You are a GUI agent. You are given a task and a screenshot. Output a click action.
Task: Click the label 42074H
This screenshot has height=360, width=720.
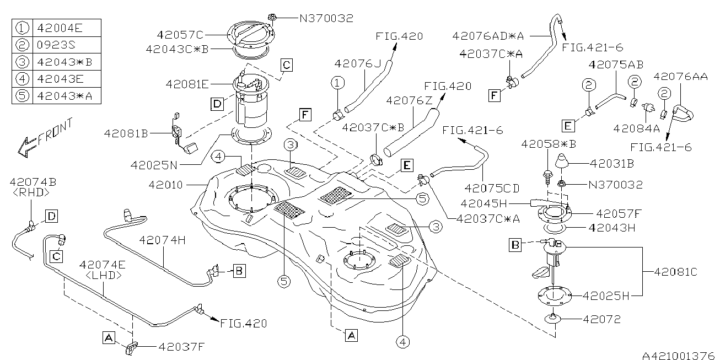pyautogui.click(x=160, y=241)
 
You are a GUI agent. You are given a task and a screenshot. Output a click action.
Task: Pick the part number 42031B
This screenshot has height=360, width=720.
pyautogui.click(x=611, y=164)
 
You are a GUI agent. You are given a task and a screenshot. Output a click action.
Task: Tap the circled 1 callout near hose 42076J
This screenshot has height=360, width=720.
pyautogui.click(x=337, y=83)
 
